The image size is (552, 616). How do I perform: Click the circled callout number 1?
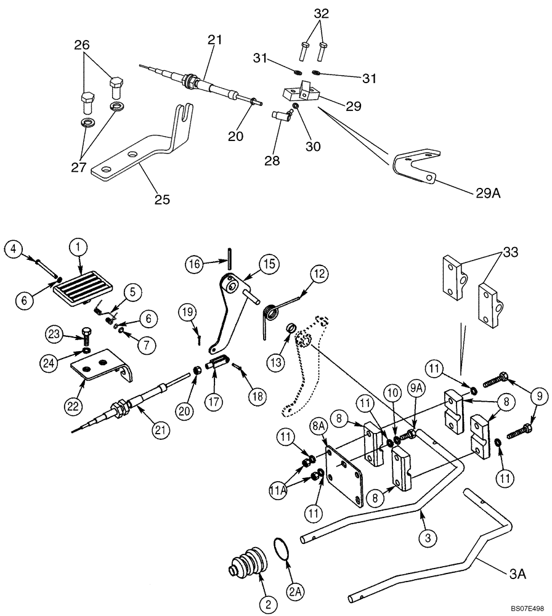78,248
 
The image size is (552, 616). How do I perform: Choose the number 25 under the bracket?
163,200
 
